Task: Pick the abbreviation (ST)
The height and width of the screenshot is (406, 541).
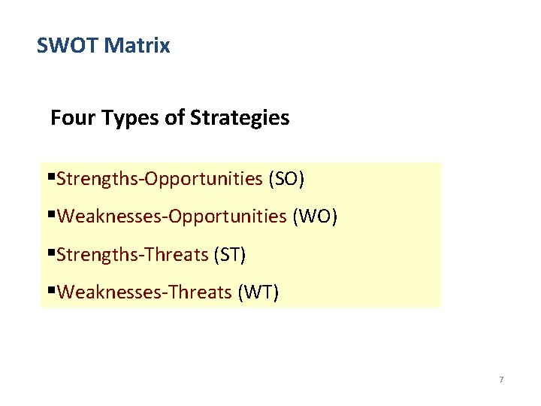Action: coord(230,255)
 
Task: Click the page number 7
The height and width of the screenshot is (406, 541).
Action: coord(501,380)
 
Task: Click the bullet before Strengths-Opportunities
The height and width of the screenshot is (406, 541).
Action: coord(51,179)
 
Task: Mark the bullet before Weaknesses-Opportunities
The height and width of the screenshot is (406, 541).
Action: coord(51,217)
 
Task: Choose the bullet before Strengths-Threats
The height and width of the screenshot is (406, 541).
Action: coord(51,254)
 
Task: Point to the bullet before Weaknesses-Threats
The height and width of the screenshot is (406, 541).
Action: coord(51,292)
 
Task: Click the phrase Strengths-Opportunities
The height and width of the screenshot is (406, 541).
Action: coord(159,180)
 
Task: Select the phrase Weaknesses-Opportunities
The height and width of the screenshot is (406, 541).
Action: coord(171,217)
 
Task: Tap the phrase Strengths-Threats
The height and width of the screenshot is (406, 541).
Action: coord(132,255)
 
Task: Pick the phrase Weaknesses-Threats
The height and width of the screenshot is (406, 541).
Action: coord(144,292)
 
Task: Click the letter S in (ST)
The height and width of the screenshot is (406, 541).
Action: coord(225,255)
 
